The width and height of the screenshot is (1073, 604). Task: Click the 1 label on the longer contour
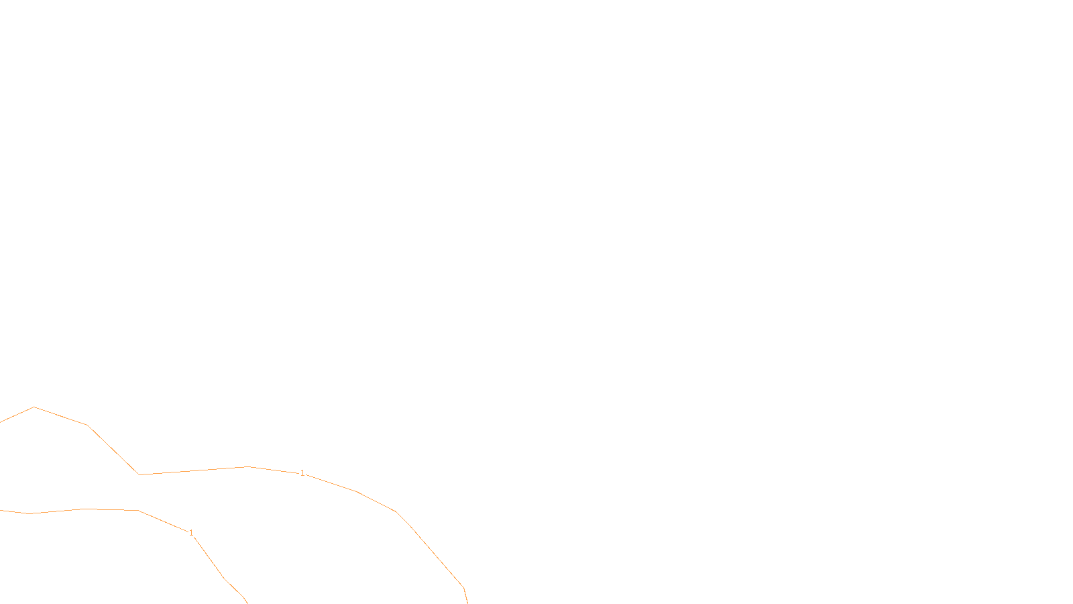coord(302,473)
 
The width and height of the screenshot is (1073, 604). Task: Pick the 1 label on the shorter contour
coord(191,533)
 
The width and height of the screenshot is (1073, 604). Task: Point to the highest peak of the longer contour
coord(34,407)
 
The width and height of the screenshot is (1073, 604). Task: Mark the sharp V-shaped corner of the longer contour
coord(139,474)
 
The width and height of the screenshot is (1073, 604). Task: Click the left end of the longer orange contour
coord(1,422)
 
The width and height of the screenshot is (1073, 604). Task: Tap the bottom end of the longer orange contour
coord(467,603)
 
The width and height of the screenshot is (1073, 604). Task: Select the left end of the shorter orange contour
coord(1,510)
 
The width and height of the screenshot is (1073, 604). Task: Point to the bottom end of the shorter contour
coord(247,603)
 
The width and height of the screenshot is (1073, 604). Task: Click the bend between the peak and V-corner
coord(87,425)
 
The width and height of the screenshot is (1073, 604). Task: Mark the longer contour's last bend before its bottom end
coord(463,588)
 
